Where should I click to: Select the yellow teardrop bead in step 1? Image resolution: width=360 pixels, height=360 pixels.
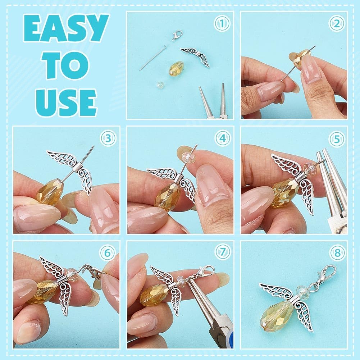pyautogui.click(x=177, y=68)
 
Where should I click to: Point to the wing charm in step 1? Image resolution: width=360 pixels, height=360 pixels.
pyautogui.click(x=195, y=56)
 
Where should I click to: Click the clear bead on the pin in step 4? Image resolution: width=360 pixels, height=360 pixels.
pyautogui.click(x=188, y=158)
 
